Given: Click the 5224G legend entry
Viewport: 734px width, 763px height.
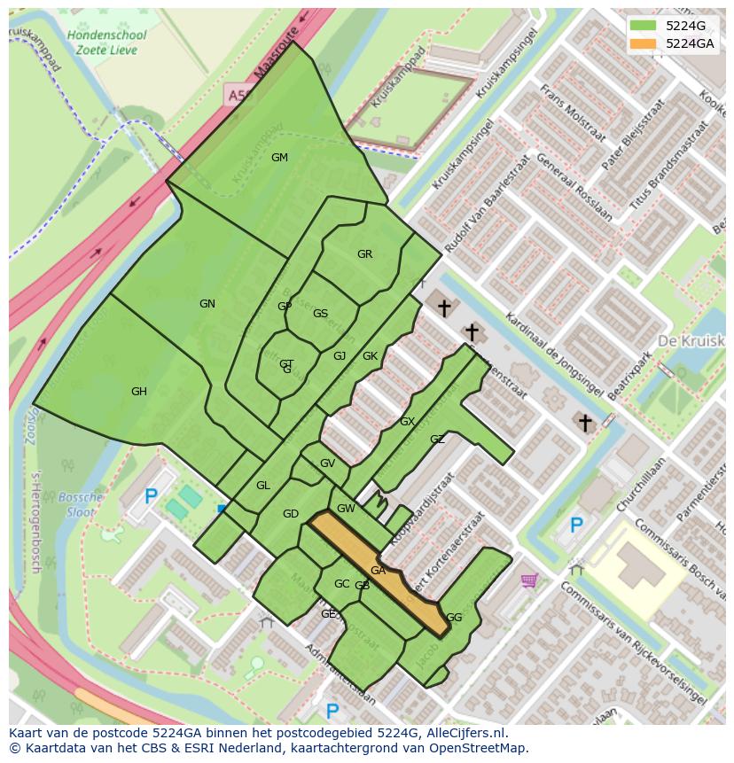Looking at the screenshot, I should point(678,26).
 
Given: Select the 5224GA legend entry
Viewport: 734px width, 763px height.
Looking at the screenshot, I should point(678,43).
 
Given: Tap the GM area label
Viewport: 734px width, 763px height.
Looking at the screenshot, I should point(279,158).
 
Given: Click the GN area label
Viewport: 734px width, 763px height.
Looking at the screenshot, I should point(207,304).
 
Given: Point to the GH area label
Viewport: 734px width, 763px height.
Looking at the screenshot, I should point(139,392).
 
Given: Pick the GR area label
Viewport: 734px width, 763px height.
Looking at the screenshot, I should point(364,254).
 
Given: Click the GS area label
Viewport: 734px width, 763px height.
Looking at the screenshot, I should point(320,314).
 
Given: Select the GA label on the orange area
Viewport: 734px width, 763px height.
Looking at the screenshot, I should point(378,571).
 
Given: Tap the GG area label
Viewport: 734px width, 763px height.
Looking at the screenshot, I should point(454,618).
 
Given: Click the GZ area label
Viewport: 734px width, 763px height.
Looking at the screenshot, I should point(437,440).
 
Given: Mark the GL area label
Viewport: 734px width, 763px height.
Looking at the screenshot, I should point(263,486).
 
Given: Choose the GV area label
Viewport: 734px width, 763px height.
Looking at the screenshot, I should point(327,463).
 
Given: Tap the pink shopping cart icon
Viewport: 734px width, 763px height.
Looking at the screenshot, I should point(529,580).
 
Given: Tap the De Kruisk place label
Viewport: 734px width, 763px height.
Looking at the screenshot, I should point(691,341).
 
